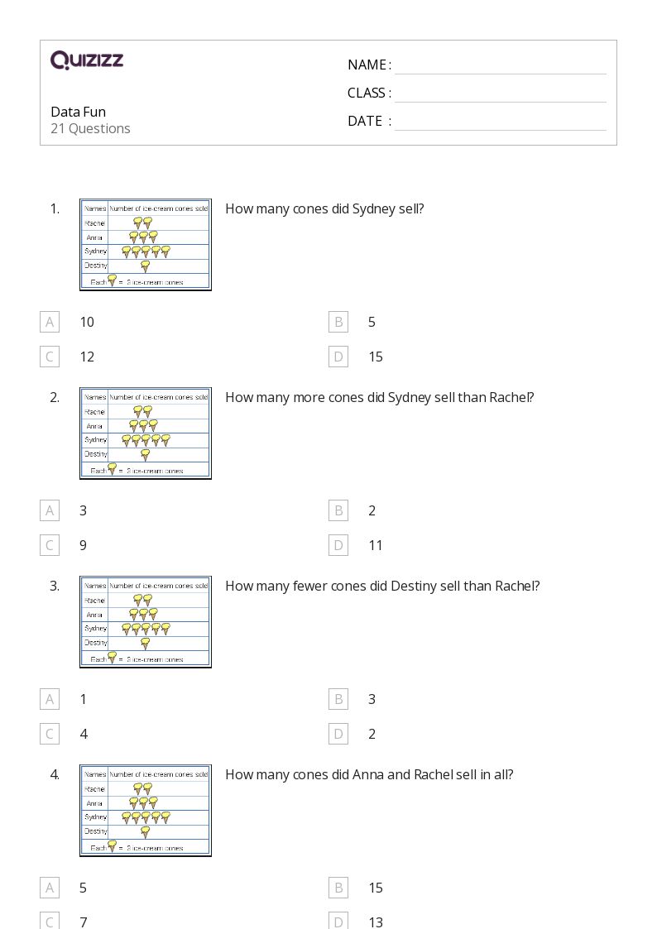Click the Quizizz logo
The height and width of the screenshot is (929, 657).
[87, 60]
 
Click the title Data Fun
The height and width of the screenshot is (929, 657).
[78, 112]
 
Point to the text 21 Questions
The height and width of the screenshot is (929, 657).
[90, 128]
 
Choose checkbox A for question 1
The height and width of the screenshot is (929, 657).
[50, 322]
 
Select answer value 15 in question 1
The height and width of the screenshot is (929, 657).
[376, 357]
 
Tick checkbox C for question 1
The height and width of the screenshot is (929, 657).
[50, 357]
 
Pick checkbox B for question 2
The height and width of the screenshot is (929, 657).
[338, 510]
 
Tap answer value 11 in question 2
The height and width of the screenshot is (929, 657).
[376, 545]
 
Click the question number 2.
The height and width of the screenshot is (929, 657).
[55, 397]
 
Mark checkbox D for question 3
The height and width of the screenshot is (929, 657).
[338, 734]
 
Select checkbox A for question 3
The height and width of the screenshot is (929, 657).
[50, 699]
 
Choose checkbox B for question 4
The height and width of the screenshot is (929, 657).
[338, 888]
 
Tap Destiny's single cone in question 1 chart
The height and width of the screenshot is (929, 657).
[146, 266]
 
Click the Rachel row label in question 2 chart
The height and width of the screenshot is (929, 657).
[94, 411]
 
